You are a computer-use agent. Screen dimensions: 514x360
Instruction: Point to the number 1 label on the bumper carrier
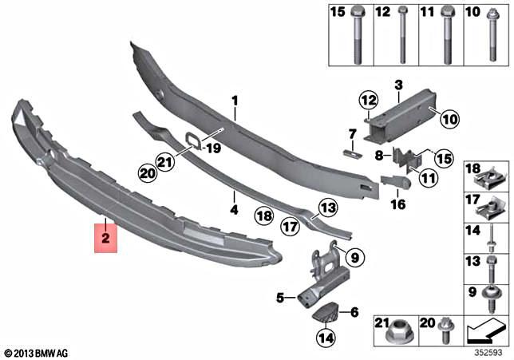pos(235,101)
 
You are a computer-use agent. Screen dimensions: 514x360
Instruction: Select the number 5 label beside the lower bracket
pos(280,298)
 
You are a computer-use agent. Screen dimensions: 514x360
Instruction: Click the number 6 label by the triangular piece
pos(354,312)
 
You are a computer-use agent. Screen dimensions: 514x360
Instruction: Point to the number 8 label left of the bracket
pos(378,155)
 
